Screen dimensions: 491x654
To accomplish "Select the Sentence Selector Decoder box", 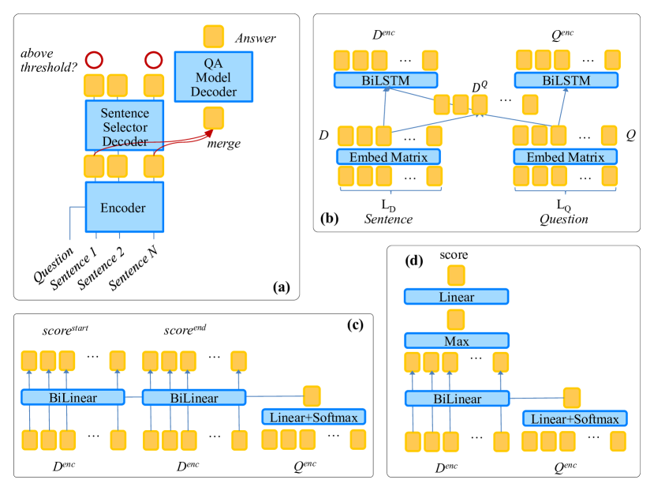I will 124,124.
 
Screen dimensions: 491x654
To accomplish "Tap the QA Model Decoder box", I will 213,77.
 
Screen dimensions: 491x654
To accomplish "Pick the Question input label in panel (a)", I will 54,262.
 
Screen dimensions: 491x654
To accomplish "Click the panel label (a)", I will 281,287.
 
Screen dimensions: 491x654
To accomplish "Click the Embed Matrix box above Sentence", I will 387,156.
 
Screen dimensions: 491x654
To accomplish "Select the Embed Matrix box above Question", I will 565,156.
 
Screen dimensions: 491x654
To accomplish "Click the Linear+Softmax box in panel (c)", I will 315,417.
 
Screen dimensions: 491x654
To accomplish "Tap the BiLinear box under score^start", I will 73,397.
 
